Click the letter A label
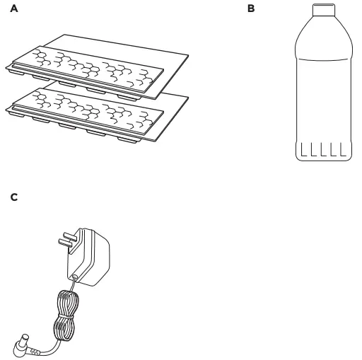(14, 8)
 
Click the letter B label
(251, 8)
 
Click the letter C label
(14, 197)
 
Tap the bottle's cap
(324, 10)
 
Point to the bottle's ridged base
(324, 151)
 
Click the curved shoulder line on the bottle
(324, 59)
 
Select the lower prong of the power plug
(66, 243)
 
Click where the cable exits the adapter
(75, 277)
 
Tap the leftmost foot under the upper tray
(16, 73)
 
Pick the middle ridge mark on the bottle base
(323, 149)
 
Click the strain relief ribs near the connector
(35, 352)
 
